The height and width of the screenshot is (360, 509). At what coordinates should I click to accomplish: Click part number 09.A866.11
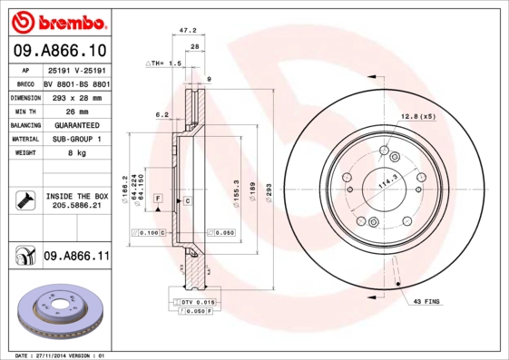tap(76, 257)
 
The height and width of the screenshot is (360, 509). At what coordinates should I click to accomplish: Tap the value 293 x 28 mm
tap(76, 96)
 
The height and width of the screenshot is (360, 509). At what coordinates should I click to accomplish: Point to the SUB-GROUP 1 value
tap(76, 139)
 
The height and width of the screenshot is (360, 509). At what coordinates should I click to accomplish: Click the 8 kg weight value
tap(76, 153)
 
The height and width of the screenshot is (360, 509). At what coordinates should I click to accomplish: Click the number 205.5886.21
tap(76, 207)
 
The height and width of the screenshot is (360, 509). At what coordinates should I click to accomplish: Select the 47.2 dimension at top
tap(189, 31)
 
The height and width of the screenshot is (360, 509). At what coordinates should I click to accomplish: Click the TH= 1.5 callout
tap(164, 64)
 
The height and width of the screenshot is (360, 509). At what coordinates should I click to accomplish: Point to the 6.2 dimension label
tap(162, 114)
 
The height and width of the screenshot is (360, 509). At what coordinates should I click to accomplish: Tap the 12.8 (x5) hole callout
tap(418, 117)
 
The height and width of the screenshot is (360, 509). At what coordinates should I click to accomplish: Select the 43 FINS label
tap(426, 300)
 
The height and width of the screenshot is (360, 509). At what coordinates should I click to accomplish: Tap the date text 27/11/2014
tap(57, 355)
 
